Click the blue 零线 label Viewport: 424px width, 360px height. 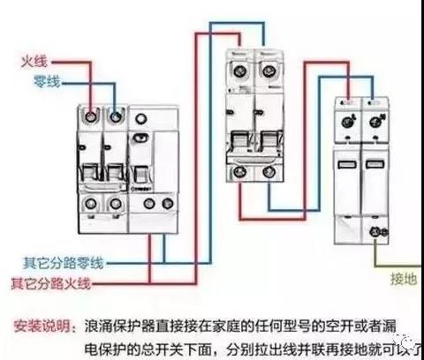[x=36, y=81]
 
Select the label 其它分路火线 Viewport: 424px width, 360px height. [x=57, y=283]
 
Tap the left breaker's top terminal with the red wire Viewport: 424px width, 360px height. [x=90, y=115]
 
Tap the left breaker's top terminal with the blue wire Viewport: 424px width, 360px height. [x=114, y=115]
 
